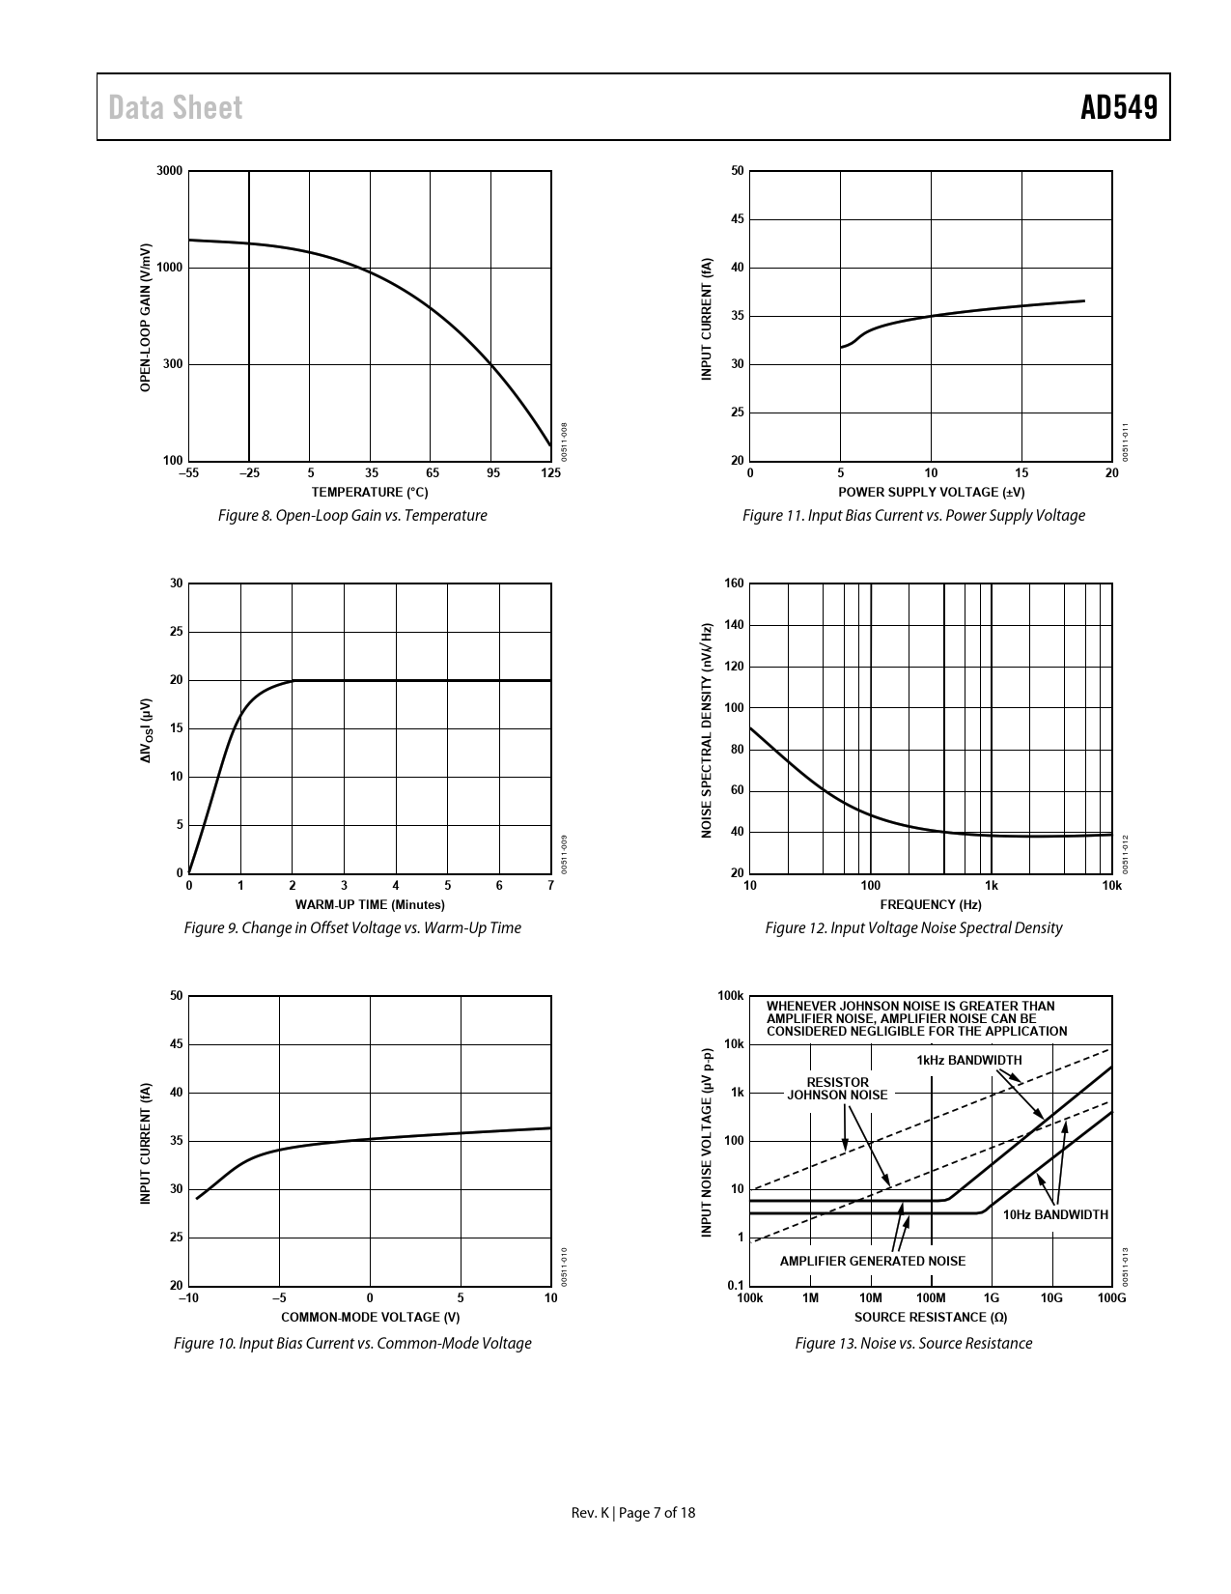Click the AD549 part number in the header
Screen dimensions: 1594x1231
pyautogui.click(x=1118, y=107)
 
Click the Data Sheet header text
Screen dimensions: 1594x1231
pyautogui.click(x=176, y=107)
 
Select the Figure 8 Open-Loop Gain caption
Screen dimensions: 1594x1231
pyautogui.click(x=352, y=516)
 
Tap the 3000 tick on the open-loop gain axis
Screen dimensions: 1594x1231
pyautogui.click(x=169, y=172)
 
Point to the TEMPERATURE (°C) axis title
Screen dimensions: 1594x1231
pyautogui.click(x=370, y=492)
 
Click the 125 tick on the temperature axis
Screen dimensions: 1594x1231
pyautogui.click(x=550, y=473)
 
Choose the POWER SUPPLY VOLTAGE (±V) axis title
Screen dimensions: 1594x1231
pyautogui.click(x=931, y=492)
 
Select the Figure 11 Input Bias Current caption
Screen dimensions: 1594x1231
pyautogui.click(x=913, y=516)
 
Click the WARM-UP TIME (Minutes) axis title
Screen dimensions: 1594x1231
pyautogui.click(x=370, y=905)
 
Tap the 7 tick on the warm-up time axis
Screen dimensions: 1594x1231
pyautogui.click(x=550, y=886)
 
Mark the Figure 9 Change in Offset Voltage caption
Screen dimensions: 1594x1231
pyautogui.click(x=352, y=928)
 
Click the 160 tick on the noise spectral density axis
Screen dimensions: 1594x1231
pyautogui.click(x=734, y=584)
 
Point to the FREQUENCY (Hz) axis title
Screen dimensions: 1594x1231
pyautogui.click(x=931, y=905)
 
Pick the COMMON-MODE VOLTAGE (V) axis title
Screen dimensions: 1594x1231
pyautogui.click(x=370, y=1318)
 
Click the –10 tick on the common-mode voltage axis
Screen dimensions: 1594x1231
pyautogui.click(x=188, y=1298)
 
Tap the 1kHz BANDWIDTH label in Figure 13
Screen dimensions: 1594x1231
pyautogui.click(x=968, y=1061)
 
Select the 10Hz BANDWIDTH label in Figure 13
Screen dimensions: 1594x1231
pyautogui.click(x=1055, y=1214)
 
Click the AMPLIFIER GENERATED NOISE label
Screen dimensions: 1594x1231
pyautogui.click(x=872, y=1261)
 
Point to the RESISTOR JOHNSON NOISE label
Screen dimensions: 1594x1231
pyautogui.click(x=837, y=1089)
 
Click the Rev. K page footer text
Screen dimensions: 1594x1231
pyautogui.click(x=633, y=1513)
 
